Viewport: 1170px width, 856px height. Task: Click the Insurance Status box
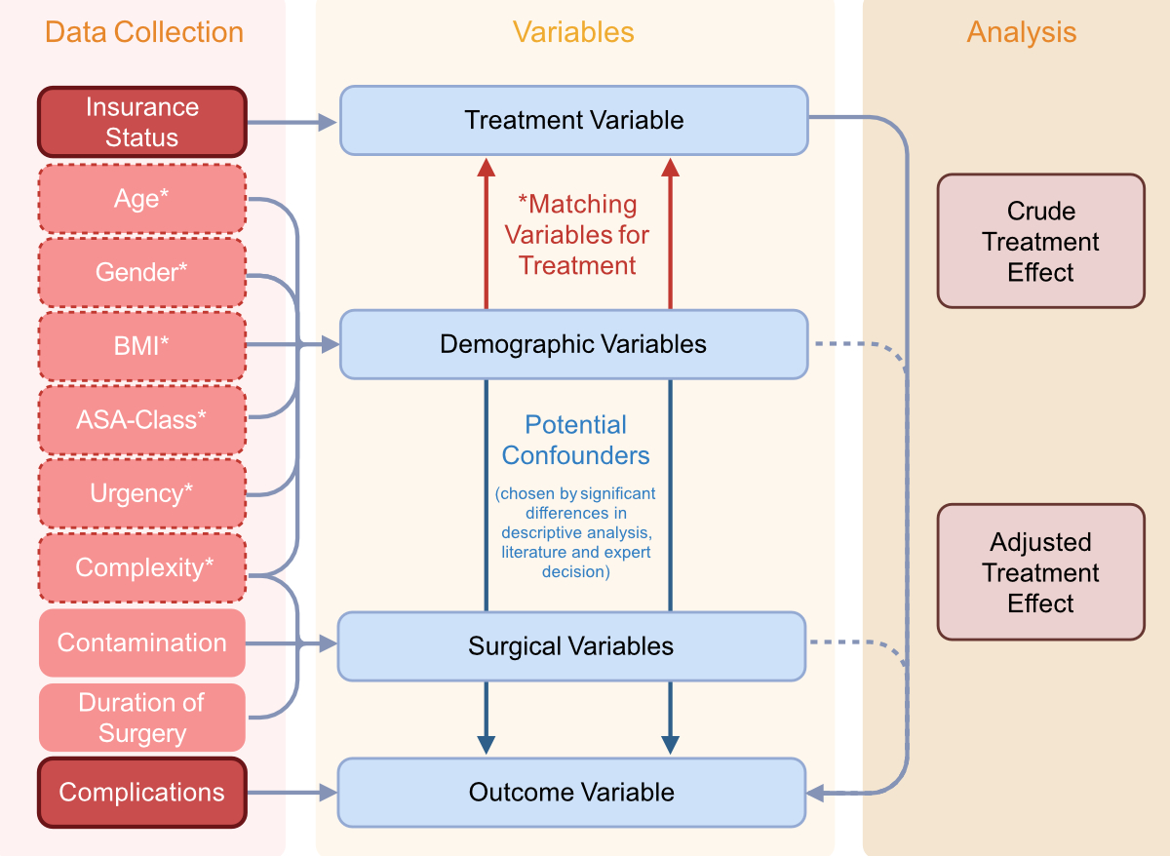click(x=141, y=122)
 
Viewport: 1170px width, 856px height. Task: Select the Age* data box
click(x=141, y=199)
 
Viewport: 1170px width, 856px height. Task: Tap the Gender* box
click(x=141, y=272)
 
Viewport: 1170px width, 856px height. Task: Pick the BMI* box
click(x=141, y=345)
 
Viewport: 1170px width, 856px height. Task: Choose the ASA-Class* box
click(x=141, y=419)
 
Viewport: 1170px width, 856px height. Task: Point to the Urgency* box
click(x=141, y=493)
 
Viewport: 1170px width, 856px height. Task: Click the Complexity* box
click(x=141, y=567)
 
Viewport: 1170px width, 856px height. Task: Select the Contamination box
click(x=141, y=642)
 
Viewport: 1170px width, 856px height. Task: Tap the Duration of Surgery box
click(x=141, y=718)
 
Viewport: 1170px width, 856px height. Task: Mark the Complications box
click(x=141, y=793)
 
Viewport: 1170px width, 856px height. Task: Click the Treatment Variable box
click(x=573, y=120)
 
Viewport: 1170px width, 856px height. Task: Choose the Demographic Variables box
click(x=573, y=344)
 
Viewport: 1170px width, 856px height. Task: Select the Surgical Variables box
click(x=571, y=646)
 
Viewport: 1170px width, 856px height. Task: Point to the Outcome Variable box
click(x=571, y=792)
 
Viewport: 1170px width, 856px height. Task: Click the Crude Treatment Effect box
click(x=1040, y=242)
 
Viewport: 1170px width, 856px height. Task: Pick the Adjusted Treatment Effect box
click(x=1040, y=572)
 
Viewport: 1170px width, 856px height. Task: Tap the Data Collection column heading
click(x=143, y=32)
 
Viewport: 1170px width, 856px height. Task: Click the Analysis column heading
click(x=1021, y=32)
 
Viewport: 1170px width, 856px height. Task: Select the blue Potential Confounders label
click(x=575, y=441)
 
